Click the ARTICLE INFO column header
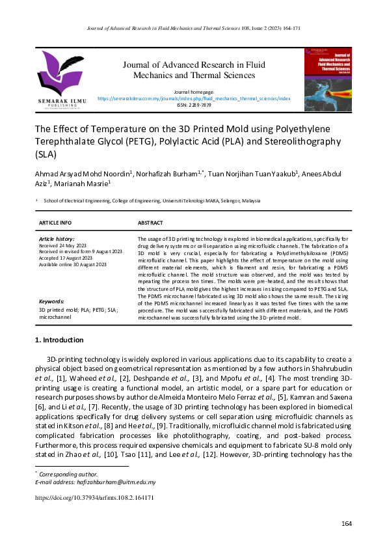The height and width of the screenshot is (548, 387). point(56,223)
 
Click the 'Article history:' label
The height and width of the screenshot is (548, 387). point(57,240)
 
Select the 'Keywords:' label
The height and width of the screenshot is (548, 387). point(51,302)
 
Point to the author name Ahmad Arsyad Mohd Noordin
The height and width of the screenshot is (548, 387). point(83,174)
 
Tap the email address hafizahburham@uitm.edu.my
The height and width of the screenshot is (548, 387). point(120,482)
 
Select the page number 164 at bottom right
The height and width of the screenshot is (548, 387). point(346,524)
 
